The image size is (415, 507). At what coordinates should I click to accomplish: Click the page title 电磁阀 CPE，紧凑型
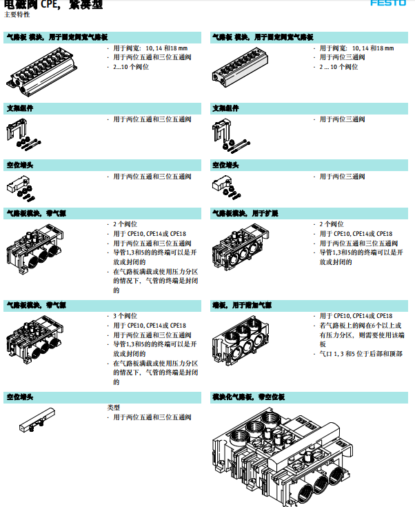point(54,4)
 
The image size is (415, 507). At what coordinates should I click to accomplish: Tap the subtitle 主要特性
point(17,14)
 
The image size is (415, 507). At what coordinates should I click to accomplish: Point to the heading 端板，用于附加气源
point(241,304)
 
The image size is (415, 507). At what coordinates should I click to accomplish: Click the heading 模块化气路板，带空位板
point(247,397)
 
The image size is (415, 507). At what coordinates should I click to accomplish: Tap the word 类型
point(114,408)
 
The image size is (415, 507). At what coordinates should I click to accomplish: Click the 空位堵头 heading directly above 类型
point(20,397)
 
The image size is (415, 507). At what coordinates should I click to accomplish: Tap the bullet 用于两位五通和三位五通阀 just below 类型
point(152,417)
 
